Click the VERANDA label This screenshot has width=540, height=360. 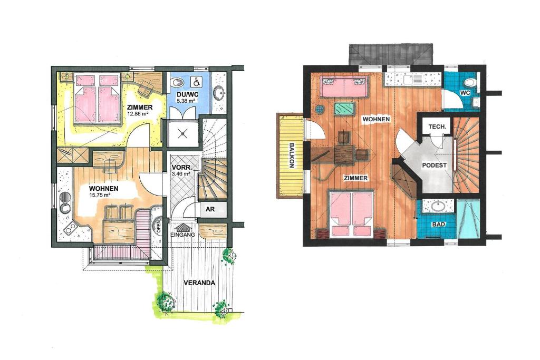click(x=199, y=283)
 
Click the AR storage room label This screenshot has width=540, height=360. click(x=210, y=209)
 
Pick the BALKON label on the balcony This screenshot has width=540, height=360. click(x=292, y=155)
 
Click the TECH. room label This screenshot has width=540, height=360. click(x=437, y=127)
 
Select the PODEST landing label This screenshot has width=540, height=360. click(x=435, y=165)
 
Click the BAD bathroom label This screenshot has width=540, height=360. click(x=439, y=225)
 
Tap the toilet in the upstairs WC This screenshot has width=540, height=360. click(x=470, y=83)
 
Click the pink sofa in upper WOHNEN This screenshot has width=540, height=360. click(x=344, y=86)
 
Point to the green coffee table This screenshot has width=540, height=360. click(x=344, y=109)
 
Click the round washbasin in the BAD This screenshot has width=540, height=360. click(x=437, y=206)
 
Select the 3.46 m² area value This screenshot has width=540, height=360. click(x=181, y=174)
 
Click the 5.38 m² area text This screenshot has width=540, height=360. click(x=186, y=101)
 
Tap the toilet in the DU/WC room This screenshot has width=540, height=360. click(x=178, y=83)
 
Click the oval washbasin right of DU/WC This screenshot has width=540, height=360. click(x=219, y=92)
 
